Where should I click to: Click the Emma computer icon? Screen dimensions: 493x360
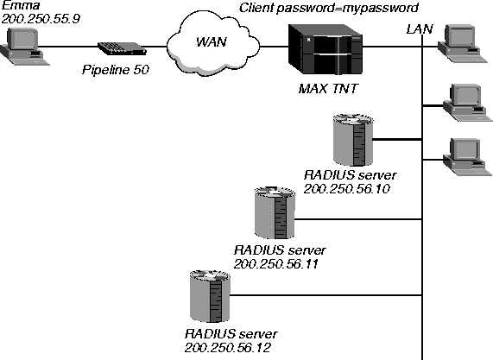(24, 47)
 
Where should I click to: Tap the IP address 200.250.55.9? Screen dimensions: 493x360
(41, 19)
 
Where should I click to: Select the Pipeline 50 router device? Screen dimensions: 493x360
(122, 48)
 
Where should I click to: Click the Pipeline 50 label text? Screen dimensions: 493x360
(116, 69)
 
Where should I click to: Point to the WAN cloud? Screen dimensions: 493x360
(213, 43)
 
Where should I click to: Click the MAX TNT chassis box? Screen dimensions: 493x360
(326, 49)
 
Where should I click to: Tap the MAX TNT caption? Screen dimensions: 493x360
(328, 89)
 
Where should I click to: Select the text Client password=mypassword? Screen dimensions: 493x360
(329, 8)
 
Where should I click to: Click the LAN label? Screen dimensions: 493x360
(420, 29)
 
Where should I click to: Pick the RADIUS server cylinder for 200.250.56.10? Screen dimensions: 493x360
(353, 140)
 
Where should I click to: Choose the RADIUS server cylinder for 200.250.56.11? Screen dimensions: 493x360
(275, 212)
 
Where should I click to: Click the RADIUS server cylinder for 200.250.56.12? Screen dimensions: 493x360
(210, 295)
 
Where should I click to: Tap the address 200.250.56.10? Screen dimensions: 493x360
(347, 189)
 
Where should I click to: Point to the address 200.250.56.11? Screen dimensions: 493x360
(275, 264)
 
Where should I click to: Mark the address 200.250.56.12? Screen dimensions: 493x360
(227, 348)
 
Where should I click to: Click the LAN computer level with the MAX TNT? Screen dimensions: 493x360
(459, 45)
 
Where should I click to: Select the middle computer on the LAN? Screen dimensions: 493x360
(467, 103)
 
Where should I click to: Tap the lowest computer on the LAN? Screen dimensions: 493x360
(467, 156)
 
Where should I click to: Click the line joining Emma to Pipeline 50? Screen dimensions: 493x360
(68, 47)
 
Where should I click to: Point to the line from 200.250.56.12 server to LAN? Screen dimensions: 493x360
(326, 295)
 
